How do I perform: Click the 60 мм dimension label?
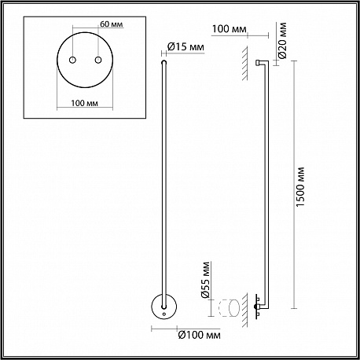click(112, 24)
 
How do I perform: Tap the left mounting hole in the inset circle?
click(72, 60)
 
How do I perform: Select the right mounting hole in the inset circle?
click(98, 60)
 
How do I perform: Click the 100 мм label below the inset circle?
click(85, 103)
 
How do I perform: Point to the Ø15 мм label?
click(186, 47)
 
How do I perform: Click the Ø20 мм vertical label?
click(282, 40)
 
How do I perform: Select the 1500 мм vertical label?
click(300, 186)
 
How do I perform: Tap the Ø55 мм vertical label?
click(205, 280)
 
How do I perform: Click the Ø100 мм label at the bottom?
click(199, 335)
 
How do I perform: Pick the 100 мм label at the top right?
click(229, 29)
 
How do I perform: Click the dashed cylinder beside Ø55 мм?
click(229, 308)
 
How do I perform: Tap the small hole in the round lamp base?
click(164, 314)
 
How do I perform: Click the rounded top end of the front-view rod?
click(164, 62)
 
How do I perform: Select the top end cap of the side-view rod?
click(258, 63)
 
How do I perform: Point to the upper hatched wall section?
click(244, 64)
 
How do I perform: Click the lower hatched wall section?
click(244, 310)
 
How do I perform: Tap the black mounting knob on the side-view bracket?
click(255, 307)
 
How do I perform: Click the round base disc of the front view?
click(164, 307)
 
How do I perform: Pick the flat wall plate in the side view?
click(256, 307)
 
